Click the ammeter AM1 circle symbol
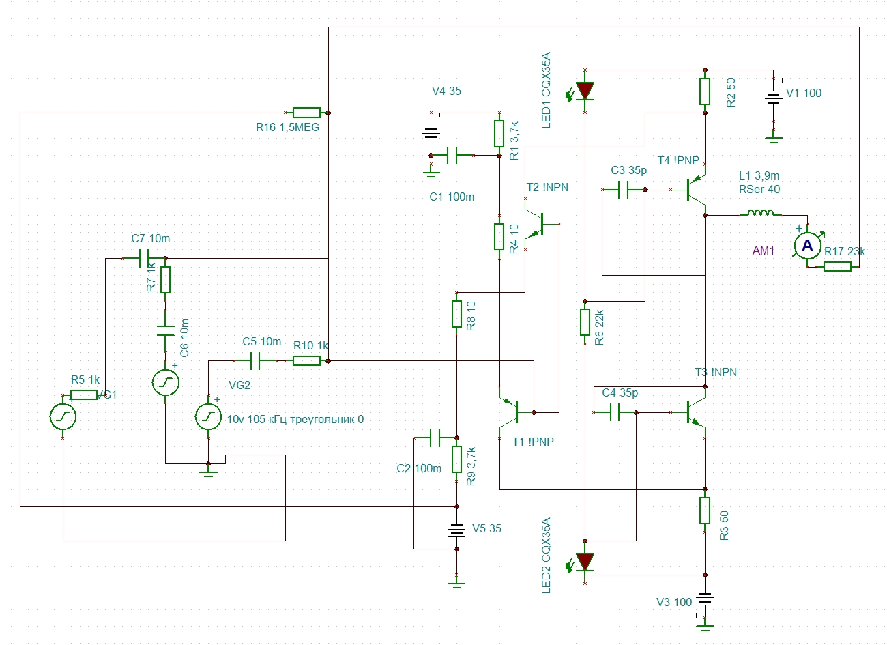point(807,246)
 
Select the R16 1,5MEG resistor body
point(306,113)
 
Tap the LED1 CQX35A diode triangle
point(585,90)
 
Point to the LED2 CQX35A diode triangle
point(585,562)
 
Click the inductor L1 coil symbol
point(760,213)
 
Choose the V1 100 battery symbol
point(772,97)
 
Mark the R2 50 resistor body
point(705,91)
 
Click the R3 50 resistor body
point(705,510)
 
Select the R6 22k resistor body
point(585,322)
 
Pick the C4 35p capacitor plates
point(616,412)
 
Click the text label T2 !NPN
point(547,188)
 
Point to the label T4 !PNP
point(678,161)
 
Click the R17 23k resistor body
point(837,266)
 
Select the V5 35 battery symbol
point(456,530)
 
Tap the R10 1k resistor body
point(306,360)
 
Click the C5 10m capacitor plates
point(255,360)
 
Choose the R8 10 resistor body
point(456,314)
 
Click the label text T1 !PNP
point(533,442)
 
